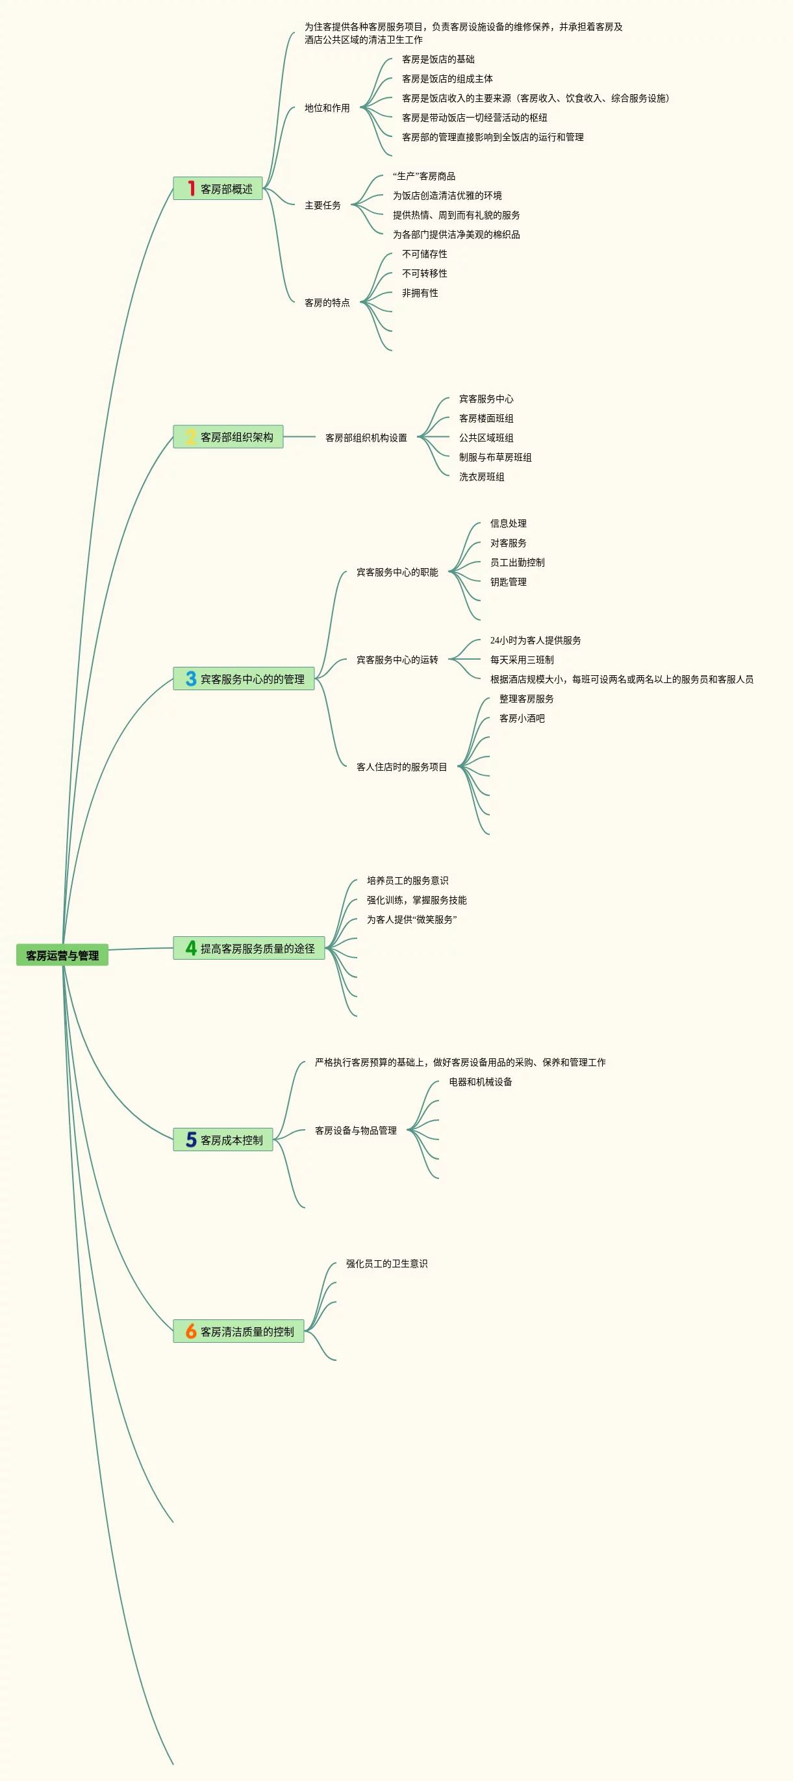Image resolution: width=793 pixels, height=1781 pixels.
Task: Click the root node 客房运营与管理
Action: pyautogui.click(x=62, y=955)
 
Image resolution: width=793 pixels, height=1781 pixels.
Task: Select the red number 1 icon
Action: pyautogui.click(x=191, y=188)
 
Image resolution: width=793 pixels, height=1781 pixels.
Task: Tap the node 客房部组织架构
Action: pyautogui.click(x=236, y=437)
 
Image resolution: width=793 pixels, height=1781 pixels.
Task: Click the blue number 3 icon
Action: pyautogui.click(x=191, y=679)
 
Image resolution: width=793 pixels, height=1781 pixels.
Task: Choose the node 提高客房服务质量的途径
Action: pyautogui.click(x=257, y=948)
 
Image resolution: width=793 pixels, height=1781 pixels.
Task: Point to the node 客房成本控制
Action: pyautogui.click(x=231, y=1140)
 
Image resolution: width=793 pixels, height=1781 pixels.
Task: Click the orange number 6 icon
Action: pyautogui.click(x=191, y=1331)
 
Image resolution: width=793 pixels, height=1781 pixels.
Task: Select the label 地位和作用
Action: pyautogui.click(x=327, y=108)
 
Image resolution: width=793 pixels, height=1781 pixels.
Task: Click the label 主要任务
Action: pyautogui.click(x=323, y=205)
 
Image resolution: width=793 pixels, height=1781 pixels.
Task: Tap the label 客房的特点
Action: pyautogui.click(x=327, y=302)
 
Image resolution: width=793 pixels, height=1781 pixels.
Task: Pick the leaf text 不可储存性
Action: pyautogui.click(x=425, y=254)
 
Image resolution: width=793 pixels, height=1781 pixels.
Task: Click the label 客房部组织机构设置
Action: pyautogui.click(x=366, y=438)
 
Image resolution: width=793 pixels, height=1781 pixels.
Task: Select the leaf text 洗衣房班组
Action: pyautogui.click(x=481, y=477)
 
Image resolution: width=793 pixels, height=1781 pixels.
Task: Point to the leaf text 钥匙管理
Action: pyautogui.click(x=508, y=582)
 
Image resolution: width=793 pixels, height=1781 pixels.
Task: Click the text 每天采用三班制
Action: pyautogui.click(x=522, y=660)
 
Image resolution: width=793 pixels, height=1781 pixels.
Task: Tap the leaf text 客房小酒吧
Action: pyautogui.click(x=522, y=718)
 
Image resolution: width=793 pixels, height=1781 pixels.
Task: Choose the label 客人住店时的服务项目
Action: pyautogui.click(x=401, y=767)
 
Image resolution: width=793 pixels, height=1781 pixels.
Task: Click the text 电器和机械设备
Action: pyautogui.click(x=481, y=1081)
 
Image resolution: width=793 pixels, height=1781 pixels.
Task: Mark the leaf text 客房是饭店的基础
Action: pyautogui.click(x=438, y=60)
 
